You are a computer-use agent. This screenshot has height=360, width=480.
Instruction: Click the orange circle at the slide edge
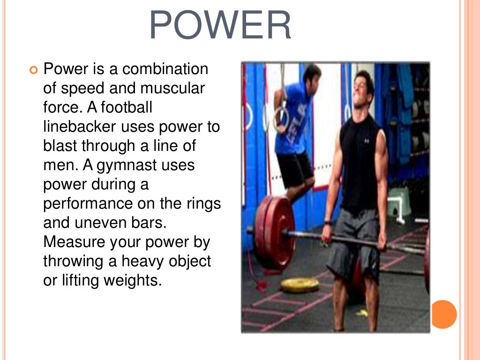[x=443, y=314]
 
